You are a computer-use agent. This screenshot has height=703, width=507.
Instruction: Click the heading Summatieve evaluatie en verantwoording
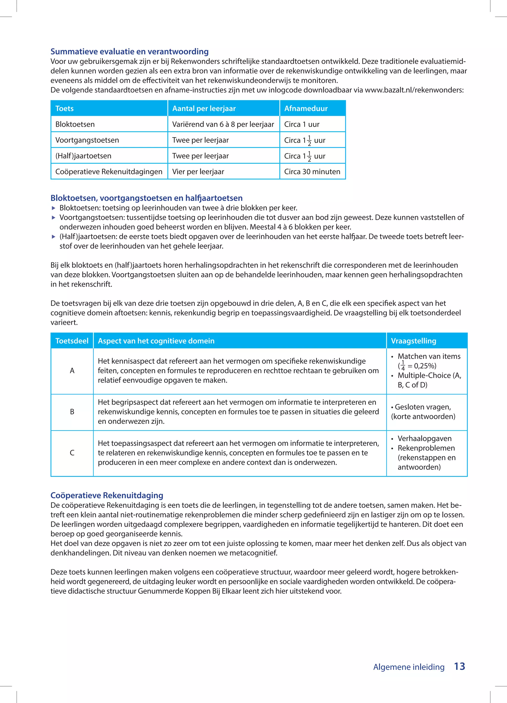click(129, 51)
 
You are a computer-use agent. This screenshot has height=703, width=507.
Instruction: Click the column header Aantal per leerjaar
click(204, 108)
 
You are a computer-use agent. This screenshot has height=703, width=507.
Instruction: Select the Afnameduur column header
click(306, 108)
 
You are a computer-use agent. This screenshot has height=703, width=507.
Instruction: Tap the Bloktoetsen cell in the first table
click(75, 124)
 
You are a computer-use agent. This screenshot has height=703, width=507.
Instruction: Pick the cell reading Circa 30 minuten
click(312, 172)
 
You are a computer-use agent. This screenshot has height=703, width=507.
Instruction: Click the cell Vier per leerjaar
click(198, 172)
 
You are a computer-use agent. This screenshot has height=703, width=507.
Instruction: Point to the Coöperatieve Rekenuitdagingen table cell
click(108, 172)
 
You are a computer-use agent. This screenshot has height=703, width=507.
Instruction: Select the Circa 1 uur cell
click(302, 124)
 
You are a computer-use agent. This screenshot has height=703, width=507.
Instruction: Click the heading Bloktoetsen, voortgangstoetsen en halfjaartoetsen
click(146, 198)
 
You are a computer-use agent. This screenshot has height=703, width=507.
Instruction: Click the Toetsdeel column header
click(72, 341)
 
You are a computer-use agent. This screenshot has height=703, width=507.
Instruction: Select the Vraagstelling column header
click(413, 341)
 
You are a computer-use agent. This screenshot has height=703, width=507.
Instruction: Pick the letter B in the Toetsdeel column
click(72, 412)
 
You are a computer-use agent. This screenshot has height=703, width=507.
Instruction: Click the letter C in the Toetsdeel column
click(72, 453)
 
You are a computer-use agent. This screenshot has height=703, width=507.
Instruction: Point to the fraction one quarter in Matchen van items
click(403, 365)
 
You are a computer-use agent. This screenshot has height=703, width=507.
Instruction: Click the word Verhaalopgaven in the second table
click(424, 438)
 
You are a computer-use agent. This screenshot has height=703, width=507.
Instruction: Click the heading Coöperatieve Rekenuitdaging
click(107, 495)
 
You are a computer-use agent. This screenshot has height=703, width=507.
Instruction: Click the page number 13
click(459, 666)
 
